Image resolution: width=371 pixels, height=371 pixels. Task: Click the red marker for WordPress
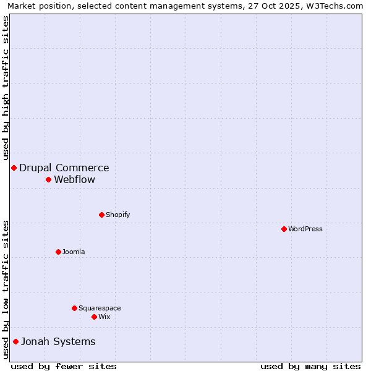(x=284, y=229)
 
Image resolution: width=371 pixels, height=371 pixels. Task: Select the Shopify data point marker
(x=101, y=215)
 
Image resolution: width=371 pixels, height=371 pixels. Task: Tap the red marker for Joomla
(x=58, y=252)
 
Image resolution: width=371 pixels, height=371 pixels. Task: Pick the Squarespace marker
(x=74, y=308)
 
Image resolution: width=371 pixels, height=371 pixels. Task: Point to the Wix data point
(x=94, y=317)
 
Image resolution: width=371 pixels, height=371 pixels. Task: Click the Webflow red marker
(x=48, y=179)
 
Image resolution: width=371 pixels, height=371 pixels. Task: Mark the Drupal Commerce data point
(x=14, y=168)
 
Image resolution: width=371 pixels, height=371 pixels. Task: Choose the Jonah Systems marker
(x=15, y=341)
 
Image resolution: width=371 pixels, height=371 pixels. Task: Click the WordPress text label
(x=305, y=229)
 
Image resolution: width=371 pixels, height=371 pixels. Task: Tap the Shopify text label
(x=117, y=215)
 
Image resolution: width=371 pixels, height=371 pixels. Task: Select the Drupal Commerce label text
(x=64, y=168)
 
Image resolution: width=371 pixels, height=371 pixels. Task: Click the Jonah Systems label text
(x=58, y=341)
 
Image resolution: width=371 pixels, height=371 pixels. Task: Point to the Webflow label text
(x=75, y=179)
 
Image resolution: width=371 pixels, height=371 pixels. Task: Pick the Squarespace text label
(x=100, y=308)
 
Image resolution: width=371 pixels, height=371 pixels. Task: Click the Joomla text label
(x=74, y=252)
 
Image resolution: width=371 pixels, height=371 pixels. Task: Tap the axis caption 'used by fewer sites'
(x=64, y=366)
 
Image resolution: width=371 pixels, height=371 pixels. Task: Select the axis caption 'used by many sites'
(x=310, y=366)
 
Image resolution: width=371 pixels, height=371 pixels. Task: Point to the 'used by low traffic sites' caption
(x=6, y=289)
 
